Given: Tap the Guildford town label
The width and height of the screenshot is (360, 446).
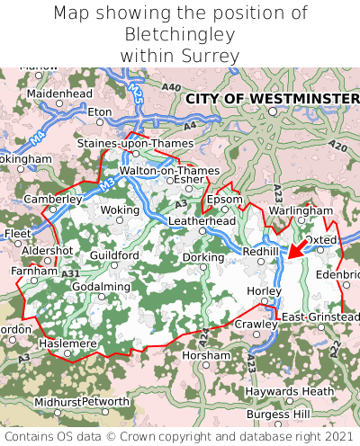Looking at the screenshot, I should click(114, 255).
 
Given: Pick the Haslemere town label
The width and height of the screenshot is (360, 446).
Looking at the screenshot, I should click(67, 343).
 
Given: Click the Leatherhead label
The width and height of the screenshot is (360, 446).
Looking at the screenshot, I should click(202, 220).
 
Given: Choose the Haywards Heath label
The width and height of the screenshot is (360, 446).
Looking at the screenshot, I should click(285, 391).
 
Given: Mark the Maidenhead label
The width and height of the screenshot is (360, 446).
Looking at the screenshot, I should click(59, 93).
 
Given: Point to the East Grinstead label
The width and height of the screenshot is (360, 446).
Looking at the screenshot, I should click(320, 317).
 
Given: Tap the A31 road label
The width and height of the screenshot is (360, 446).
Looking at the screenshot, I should click(71, 273).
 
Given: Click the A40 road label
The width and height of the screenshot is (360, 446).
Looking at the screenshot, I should click(172, 86).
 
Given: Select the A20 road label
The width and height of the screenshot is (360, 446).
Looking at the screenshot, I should click(337, 146).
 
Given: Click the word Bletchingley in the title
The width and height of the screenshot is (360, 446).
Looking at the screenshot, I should click(179, 34).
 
